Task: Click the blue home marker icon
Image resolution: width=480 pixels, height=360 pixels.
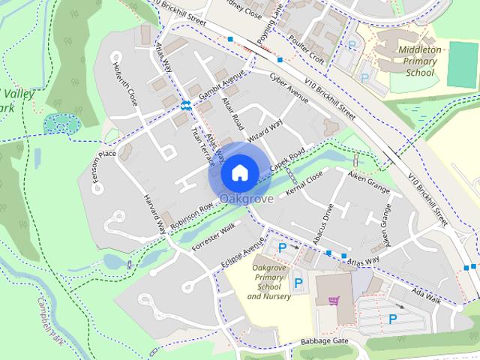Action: point(239,172)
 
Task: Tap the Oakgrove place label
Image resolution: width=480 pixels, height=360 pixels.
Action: point(246,199)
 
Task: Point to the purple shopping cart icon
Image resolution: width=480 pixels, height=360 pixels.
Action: point(333,301)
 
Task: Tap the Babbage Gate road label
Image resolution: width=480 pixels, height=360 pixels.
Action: point(325,340)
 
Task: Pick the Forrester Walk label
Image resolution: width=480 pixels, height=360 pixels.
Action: point(214,234)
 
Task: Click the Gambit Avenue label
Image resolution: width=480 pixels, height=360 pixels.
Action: point(222,87)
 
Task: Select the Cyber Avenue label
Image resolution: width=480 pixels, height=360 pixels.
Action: point(289,88)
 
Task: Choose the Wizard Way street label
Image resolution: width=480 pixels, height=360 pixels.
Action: point(265,132)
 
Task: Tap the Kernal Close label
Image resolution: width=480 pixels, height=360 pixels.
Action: point(304,182)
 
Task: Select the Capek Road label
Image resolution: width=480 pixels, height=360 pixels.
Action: point(287,160)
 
